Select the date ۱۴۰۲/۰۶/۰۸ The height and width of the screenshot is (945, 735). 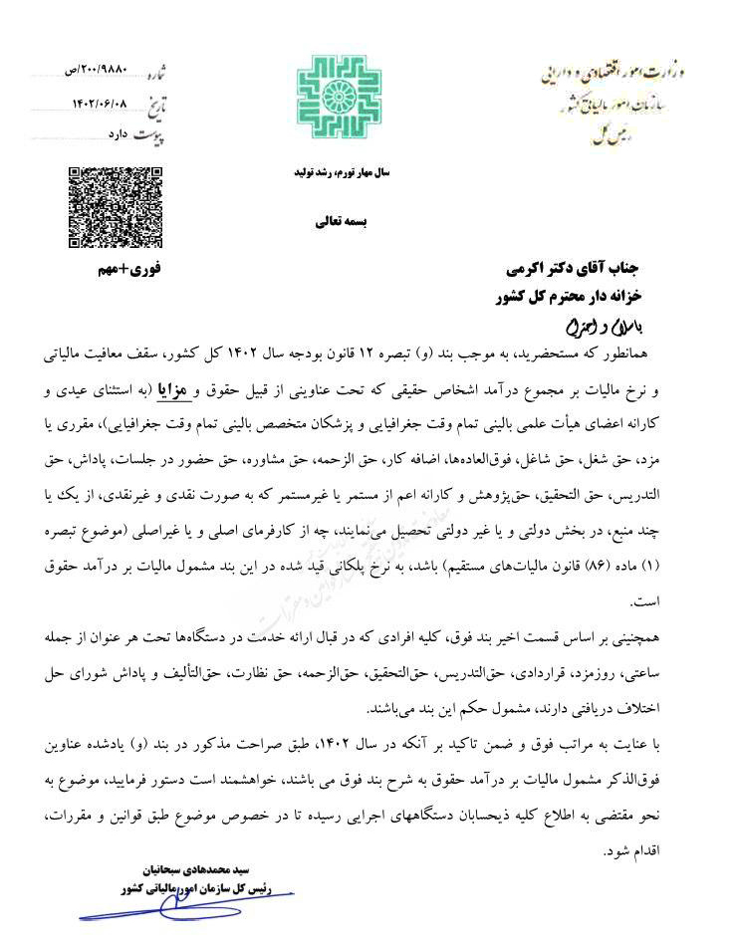point(100,103)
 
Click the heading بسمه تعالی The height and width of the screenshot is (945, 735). point(342,223)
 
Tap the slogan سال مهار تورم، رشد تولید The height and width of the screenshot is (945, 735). point(341,172)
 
